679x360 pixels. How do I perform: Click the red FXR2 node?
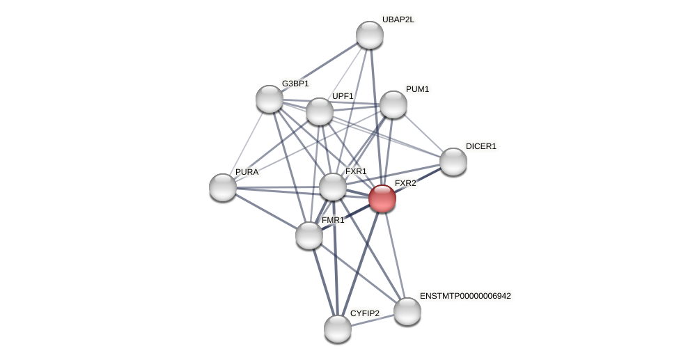point(382,198)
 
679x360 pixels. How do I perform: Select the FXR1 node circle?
point(333,187)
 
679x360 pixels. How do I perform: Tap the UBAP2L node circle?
point(370,35)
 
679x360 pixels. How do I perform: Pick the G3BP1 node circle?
point(270,99)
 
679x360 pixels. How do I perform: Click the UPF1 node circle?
point(320,111)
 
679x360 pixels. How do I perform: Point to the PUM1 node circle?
point(393,104)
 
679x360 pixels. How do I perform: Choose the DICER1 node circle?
point(453,162)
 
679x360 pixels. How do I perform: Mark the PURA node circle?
point(223,187)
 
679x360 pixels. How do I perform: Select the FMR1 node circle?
point(309,235)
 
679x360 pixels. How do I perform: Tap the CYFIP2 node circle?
point(338,329)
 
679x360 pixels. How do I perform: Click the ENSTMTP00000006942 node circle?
point(407,311)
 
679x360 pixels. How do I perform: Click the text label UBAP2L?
point(398,19)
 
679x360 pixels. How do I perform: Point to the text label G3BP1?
point(295,84)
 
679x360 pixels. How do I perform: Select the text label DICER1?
point(481,146)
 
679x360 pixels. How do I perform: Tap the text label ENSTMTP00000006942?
point(465,296)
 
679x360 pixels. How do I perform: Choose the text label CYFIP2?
point(365,313)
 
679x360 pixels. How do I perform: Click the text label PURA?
point(247,172)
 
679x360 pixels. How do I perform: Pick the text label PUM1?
point(417,89)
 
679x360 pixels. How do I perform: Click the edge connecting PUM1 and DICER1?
point(423,133)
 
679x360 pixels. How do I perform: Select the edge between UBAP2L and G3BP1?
point(320,67)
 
